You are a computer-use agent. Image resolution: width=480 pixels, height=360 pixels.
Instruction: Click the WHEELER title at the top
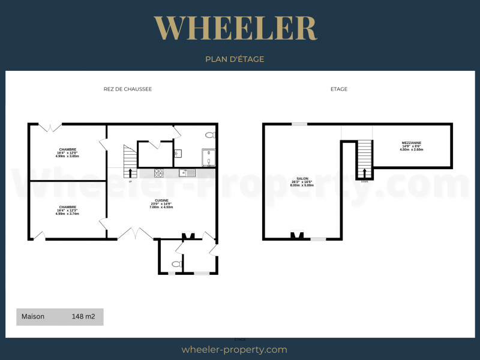pos(235,28)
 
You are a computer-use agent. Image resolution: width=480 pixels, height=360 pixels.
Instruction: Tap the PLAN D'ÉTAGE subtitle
pos(235,59)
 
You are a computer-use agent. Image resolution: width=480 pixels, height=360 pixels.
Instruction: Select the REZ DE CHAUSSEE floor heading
pos(127,89)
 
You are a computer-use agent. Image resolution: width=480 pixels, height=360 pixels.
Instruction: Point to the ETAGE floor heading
pos(338,89)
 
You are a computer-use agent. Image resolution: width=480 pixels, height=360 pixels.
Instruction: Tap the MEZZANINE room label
pos(412,142)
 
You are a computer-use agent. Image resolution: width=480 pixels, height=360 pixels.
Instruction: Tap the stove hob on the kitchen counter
pos(160,173)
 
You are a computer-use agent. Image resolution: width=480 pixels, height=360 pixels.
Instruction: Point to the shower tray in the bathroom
pos(209,157)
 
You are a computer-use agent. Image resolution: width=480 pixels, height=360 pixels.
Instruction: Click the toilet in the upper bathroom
pos(209,135)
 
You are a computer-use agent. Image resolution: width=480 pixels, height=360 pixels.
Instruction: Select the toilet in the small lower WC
pos(176,264)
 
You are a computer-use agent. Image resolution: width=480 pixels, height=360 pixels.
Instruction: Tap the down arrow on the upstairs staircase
pos(364,173)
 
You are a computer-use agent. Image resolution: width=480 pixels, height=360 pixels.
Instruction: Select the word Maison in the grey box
pos(33,316)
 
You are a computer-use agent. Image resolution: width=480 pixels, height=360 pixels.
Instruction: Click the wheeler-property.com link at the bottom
pos(234,349)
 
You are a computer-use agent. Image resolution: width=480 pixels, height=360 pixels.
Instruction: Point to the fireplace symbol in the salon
pos(296,235)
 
